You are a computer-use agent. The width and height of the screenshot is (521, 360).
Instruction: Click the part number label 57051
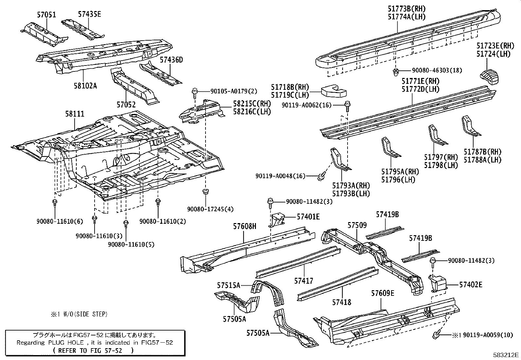pos(46,15)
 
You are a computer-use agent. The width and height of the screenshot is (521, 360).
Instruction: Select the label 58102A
pos(85,86)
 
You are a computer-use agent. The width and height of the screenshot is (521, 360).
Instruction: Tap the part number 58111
pos(74,114)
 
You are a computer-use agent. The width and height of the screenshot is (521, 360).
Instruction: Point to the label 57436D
pos(171,60)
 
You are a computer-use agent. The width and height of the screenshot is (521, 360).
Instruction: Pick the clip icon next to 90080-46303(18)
pos(396,72)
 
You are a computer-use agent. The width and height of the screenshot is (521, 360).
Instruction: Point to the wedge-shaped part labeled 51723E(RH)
pos(489,76)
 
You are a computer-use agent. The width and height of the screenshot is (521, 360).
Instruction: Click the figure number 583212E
pos(506,355)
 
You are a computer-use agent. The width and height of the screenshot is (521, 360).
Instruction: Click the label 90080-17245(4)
pos(210,209)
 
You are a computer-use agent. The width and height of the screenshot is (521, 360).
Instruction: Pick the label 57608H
pos(245,226)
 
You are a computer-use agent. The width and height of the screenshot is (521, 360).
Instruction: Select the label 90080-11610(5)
pos(131,244)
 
